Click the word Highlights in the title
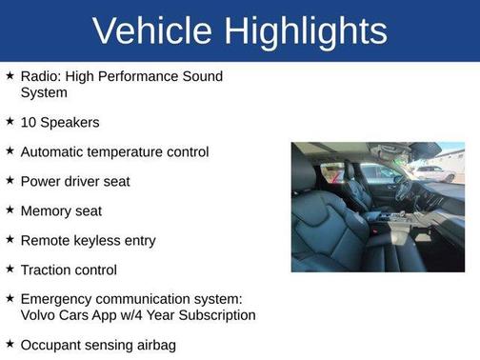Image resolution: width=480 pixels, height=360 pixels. click(309, 30)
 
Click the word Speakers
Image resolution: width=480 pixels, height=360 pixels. click(70, 122)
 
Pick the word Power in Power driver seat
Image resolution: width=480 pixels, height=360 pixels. click(41, 181)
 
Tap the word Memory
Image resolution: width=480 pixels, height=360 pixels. click(46, 210)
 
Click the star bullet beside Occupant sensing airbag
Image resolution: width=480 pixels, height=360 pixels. click(10, 343)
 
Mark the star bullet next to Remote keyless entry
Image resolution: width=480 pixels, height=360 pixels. click(10, 239)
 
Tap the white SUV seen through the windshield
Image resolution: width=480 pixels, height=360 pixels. click(437, 172)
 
